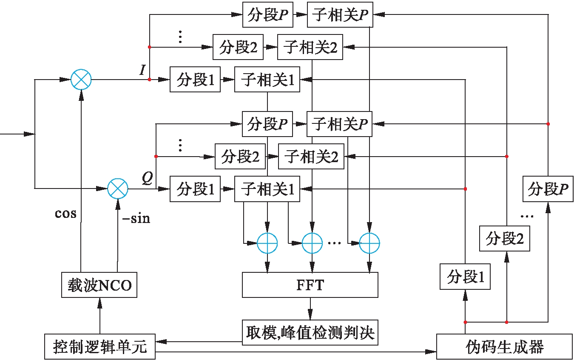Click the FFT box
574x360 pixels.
[310, 285]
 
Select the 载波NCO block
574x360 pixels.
[100, 285]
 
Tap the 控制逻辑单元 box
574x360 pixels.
[100, 347]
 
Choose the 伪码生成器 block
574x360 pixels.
[504, 347]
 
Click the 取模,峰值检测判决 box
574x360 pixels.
[310, 332]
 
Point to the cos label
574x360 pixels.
[66, 213]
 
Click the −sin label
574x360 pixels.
[136, 219]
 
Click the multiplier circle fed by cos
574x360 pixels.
[81, 80]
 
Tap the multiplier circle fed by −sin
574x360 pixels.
[117, 189]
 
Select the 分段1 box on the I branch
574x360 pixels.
[195, 80]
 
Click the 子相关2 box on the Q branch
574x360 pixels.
[311, 157]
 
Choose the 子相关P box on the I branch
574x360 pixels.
[339, 15]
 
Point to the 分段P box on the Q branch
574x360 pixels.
[267, 124]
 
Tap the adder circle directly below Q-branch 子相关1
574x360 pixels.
[267, 244]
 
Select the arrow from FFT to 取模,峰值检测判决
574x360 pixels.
[310, 308]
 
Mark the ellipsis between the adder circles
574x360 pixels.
[335, 243]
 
